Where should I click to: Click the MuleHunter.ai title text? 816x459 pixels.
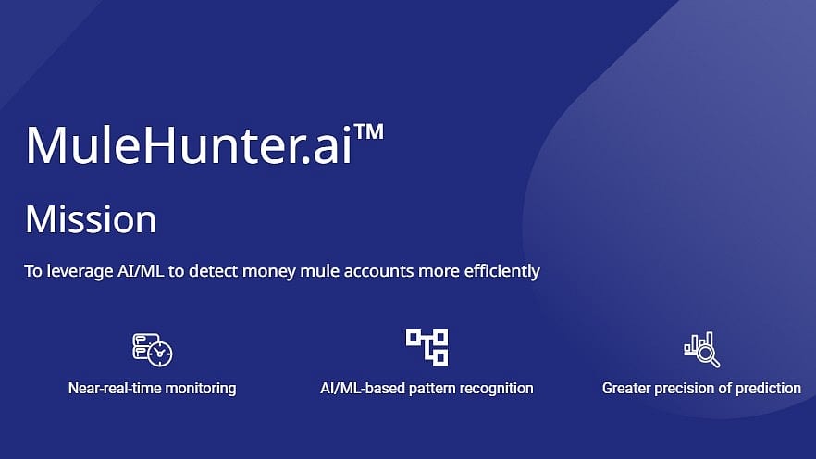point(189,144)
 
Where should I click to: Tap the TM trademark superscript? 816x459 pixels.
point(368,131)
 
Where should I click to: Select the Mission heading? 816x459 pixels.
point(91,219)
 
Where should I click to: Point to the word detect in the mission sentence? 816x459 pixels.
point(213,270)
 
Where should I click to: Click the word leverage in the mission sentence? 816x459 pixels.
point(80,272)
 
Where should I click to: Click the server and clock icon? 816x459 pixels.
point(152,350)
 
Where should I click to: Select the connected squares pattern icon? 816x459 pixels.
point(427,347)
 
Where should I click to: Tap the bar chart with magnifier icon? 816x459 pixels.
point(702,349)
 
